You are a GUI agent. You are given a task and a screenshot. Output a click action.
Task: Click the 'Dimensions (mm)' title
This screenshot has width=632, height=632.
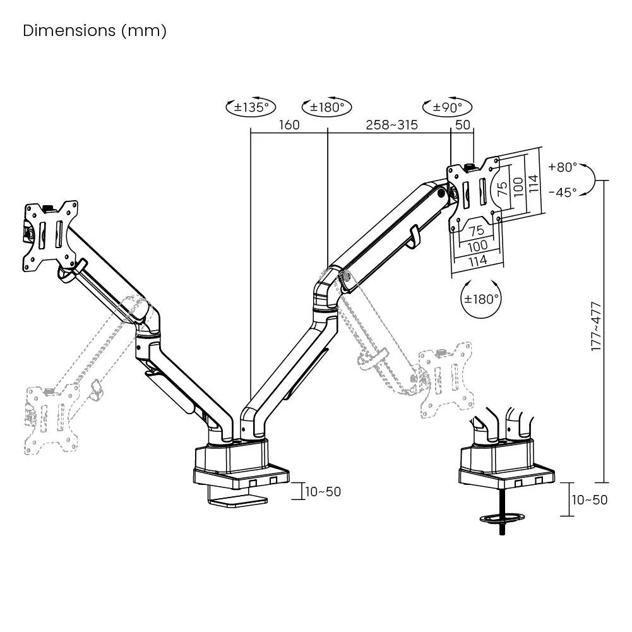(95, 31)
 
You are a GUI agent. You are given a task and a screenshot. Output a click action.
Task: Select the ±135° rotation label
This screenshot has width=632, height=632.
(251, 107)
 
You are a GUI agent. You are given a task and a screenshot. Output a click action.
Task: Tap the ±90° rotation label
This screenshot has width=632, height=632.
(448, 107)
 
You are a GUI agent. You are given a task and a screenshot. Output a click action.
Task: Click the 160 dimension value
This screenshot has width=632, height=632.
(289, 124)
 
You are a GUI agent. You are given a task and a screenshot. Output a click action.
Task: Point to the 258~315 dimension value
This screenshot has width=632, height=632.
(392, 124)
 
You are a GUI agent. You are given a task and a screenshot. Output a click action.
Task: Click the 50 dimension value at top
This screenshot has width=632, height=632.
(463, 124)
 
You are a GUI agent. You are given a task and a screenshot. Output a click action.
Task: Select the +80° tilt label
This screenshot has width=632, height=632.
(563, 167)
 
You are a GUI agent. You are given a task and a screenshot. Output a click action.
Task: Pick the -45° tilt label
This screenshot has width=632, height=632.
(563, 193)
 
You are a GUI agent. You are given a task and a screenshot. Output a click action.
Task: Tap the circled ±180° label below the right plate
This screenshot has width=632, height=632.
(482, 298)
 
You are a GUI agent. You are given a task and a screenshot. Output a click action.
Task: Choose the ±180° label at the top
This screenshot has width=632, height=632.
(327, 107)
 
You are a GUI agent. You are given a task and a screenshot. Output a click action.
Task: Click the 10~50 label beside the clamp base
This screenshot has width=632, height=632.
(323, 491)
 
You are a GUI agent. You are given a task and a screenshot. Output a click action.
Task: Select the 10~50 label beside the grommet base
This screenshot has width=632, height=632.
(589, 499)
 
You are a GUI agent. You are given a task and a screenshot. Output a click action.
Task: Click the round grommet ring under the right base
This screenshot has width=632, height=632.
(503, 518)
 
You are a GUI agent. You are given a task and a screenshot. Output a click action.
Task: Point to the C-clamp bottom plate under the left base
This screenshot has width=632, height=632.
(237, 501)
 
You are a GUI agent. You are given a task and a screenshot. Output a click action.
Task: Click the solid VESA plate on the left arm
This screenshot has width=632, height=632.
(51, 237)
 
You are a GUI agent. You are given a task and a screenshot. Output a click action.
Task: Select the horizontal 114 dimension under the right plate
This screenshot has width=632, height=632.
(478, 259)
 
